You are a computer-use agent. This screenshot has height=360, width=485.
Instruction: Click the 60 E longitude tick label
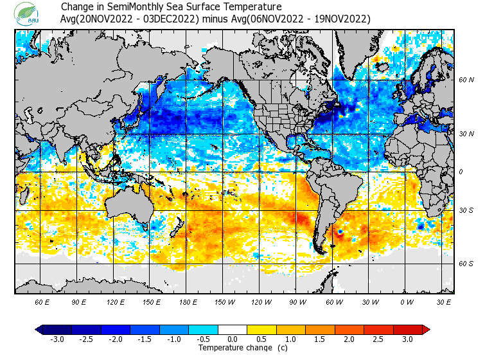(x=42, y=301)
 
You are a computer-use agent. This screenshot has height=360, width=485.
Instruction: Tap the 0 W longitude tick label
(x=407, y=301)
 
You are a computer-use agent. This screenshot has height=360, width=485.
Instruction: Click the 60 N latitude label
(x=466, y=80)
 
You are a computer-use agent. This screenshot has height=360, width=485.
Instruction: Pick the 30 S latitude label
(x=466, y=210)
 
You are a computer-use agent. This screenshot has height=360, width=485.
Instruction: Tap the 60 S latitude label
(x=466, y=264)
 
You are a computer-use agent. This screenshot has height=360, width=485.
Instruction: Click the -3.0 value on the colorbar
(x=57, y=339)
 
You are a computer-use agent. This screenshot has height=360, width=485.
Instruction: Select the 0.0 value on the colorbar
(x=233, y=339)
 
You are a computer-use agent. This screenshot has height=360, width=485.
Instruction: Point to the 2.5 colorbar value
(x=378, y=339)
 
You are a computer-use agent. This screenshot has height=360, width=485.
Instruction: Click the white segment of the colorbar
(x=233, y=330)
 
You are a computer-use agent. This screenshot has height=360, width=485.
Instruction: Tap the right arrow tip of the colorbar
(x=426, y=330)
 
